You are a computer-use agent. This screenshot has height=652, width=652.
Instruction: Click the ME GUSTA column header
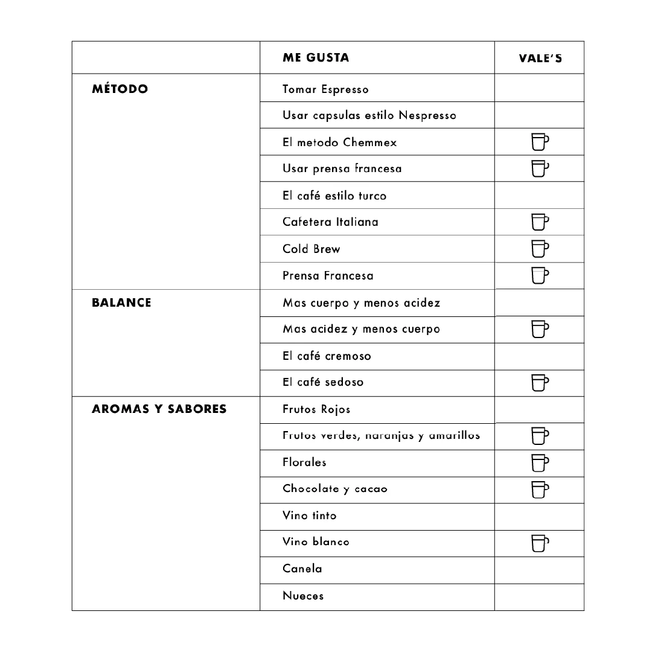(316, 58)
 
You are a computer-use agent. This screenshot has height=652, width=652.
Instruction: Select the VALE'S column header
(540, 59)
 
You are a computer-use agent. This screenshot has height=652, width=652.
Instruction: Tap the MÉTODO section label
(120, 89)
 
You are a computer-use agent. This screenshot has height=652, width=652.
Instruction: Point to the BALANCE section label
(121, 302)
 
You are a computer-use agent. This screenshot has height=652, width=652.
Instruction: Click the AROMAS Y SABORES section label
(159, 409)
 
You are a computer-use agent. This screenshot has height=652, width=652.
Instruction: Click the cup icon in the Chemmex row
(540, 142)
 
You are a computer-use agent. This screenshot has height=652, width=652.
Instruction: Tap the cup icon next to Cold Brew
(540, 249)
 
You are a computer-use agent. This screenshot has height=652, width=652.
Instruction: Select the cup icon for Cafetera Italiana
(540, 222)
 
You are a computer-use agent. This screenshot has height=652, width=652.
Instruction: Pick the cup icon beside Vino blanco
(540, 543)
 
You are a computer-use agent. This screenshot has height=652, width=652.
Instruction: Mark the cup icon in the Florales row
(540, 462)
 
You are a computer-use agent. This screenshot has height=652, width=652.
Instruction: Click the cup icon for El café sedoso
(540, 383)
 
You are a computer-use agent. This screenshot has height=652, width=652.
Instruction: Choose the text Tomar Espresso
(325, 89)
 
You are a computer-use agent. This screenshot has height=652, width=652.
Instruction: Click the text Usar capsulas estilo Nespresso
(369, 115)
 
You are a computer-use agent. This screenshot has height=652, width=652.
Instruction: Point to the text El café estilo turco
(334, 196)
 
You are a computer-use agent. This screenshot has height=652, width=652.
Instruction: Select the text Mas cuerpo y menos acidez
(361, 302)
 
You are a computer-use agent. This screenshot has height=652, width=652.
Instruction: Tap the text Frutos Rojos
(316, 409)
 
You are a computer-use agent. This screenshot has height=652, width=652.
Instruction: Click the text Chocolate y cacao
(335, 489)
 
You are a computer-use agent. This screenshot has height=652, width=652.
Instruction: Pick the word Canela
(302, 569)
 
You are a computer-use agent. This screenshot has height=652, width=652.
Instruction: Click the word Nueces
(303, 596)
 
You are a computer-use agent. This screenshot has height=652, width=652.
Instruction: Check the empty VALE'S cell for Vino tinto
(539, 516)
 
